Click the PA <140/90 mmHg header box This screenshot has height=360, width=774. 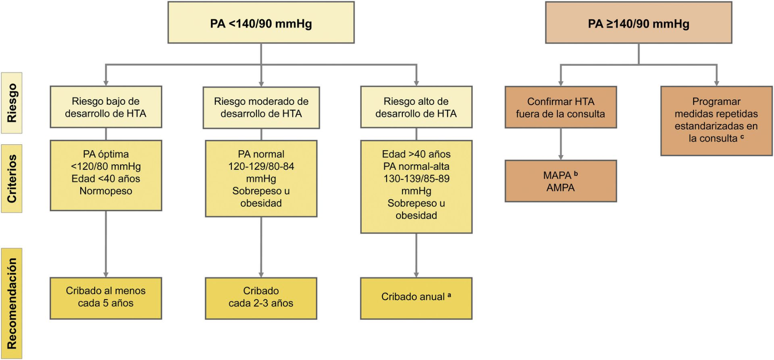click(261, 23)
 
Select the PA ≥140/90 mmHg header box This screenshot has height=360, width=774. click(638, 23)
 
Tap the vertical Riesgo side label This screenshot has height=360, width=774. click(12, 103)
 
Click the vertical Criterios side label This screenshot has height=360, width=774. click(12, 178)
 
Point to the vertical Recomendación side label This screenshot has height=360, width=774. click(12, 303)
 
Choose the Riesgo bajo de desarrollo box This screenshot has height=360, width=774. click(106, 107)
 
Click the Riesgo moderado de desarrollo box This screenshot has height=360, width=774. click(261, 107)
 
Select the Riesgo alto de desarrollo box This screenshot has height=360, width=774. click(416, 107)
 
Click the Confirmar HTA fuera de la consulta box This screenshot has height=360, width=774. click(561, 107)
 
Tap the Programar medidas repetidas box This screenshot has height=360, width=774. click(716, 121)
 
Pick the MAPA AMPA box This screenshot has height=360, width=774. click(561, 181)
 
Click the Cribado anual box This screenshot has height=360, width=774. click(416, 298)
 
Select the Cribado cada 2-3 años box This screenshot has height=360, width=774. click(261, 298)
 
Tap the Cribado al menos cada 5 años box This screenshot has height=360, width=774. click(106, 298)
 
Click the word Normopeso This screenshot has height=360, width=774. click(106, 191)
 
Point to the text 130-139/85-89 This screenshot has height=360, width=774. click(416, 179)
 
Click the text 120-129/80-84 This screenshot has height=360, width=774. click(261, 167)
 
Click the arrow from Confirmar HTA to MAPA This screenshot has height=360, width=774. click(561, 145)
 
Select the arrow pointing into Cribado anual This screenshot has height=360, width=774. click(416, 257)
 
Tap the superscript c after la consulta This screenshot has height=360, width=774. click(742, 137)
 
